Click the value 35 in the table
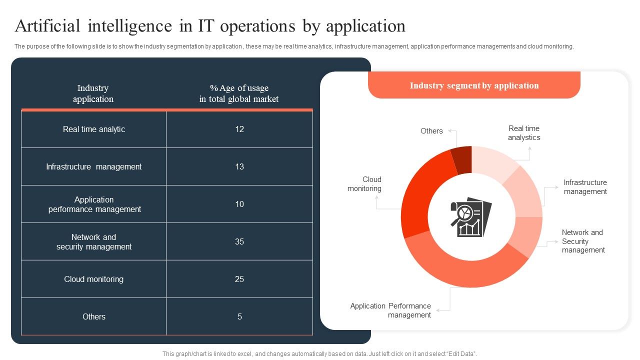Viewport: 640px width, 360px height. [239, 241]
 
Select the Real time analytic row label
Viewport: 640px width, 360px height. [94, 129]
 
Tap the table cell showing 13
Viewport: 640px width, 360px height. [239, 166]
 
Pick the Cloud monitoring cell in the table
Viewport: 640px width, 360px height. [94, 279]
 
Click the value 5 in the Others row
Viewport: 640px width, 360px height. [239, 316]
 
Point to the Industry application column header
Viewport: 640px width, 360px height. [93, 93]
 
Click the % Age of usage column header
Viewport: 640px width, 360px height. [239, 93]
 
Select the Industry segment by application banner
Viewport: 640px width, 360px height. [474, 85]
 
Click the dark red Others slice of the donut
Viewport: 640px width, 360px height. [462, 159]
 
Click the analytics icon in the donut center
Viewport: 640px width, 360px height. [471, 216]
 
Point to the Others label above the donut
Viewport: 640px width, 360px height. [431, 131]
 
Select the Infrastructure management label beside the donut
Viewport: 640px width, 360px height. [585, 187]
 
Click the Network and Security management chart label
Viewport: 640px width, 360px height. [583, 241]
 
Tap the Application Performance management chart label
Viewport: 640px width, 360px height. [390, 310]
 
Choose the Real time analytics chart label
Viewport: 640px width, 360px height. [524, 133]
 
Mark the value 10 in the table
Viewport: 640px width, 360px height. [239, 204]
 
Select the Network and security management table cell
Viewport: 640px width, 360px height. [94, 242]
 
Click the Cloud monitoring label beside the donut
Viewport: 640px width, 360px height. [364, 184]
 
